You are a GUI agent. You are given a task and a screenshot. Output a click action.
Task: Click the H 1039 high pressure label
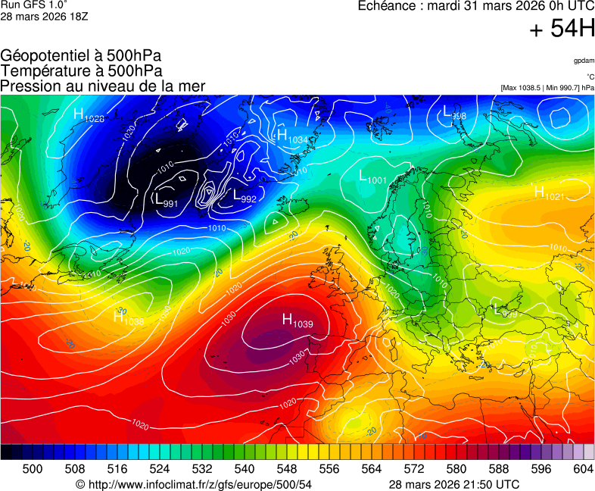[x=297, y=321]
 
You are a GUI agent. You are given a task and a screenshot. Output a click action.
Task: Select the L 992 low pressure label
[x=245, y=197]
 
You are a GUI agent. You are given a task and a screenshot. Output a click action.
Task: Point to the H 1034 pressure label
[x=292, y=137]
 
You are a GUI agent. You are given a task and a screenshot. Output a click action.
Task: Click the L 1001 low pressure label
[x=373, y=177]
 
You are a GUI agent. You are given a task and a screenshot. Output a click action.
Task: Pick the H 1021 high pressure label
[x=549, y=193]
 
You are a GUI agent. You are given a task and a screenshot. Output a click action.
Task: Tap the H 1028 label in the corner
[x=89, y=115]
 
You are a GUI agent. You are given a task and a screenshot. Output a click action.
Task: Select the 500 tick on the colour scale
[x=33, y=469]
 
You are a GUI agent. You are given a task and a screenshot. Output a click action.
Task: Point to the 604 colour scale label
[x=582, y=469]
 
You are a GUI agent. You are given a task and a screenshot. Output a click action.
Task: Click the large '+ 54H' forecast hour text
[x=562, y=30]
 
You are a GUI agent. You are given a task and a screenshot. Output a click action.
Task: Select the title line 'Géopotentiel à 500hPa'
[x=81, y=56]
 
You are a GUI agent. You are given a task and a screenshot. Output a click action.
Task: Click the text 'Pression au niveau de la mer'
[x=103, y=86]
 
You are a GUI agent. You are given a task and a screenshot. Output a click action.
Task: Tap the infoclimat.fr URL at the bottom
[x=194, y=484]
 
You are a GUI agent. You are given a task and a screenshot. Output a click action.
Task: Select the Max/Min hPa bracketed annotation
[x=547, y=88]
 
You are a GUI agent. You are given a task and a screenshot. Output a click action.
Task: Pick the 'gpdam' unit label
[x=583, y=60]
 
